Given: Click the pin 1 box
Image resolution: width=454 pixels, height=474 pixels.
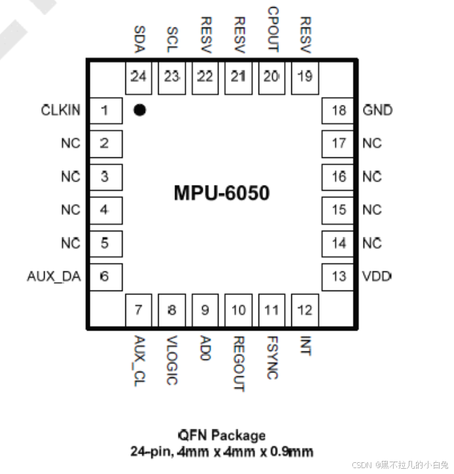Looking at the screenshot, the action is pos(105,110).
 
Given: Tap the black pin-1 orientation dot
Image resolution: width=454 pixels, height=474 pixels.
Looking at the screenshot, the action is pos(139,110).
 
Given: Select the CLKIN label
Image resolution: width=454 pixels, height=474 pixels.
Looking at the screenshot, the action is pos(61,110).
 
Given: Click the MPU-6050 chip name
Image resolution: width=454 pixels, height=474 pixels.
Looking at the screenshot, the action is pos(222,193).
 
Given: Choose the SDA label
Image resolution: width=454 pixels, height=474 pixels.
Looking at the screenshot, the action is pos(138,39).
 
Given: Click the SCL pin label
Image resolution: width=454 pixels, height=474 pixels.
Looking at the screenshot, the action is pos(172,39).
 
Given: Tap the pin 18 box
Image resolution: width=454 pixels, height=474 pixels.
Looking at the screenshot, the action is pos(339,110).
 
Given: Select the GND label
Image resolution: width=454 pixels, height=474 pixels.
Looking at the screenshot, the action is pos(377,110).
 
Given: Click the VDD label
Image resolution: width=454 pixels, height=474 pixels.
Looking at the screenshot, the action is pos(377,277).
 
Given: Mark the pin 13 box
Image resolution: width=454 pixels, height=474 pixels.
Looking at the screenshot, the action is pos(339,277).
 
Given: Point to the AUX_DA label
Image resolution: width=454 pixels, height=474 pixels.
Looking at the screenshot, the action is pos(54,277).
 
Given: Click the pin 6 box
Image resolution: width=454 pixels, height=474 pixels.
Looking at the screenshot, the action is pos(105,277).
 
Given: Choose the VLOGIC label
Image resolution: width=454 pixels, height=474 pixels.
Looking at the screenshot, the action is pos(172,360).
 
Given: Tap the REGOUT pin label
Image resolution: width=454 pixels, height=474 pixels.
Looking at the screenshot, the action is pos(239,364).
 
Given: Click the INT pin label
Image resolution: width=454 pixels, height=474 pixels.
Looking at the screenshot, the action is pos(305,346).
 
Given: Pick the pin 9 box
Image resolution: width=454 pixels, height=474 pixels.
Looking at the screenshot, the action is pos(205,309).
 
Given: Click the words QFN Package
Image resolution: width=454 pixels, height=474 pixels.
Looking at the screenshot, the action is pos(222,435).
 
